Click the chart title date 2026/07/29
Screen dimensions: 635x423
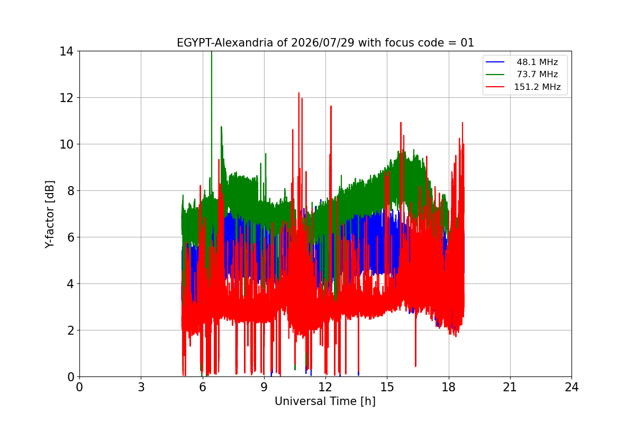(x=323, y=43)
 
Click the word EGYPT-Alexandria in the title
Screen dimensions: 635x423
(x=225, y=43)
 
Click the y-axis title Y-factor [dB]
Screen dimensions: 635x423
(x=49, y=215)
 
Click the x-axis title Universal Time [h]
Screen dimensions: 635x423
(x=325, y=401)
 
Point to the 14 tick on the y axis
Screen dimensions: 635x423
(x=66, y=52)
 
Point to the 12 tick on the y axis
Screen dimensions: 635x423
(x=66, y=98)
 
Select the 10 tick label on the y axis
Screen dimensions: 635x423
(x=66, y=144)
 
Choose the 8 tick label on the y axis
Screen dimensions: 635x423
(x=70, y=191)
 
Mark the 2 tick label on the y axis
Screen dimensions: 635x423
(x=70, y=330)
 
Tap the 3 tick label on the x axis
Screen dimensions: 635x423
(x=141, y=387)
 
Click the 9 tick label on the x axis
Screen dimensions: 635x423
(x=264, y=387)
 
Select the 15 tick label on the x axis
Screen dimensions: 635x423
(x=387, y=387)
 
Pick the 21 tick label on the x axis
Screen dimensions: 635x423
(x=510, y=387)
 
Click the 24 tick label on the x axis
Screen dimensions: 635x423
(x=572, y=387)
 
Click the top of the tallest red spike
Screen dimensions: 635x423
(x=299, y=93)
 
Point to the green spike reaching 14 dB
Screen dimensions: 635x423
(x=212, y=52)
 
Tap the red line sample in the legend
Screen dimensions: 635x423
(x=495, y=87)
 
